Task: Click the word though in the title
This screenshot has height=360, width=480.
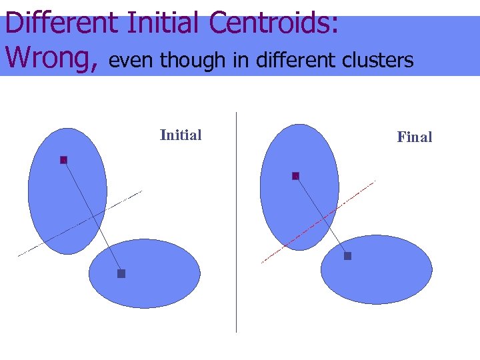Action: (x=193, y=61)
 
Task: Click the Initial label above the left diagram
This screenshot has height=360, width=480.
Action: (x=181, y=135)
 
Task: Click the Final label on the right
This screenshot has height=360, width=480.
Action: (x=415, y=137)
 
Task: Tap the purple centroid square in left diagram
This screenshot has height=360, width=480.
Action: (x=64, y=160)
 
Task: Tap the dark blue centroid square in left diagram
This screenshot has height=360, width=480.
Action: (x=121, y=273)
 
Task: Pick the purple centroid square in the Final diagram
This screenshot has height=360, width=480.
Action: (x=295, y=176)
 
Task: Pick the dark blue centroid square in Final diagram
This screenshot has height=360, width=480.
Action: (x=347, y=256)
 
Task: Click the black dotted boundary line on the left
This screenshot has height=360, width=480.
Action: (x=40, y=244)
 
